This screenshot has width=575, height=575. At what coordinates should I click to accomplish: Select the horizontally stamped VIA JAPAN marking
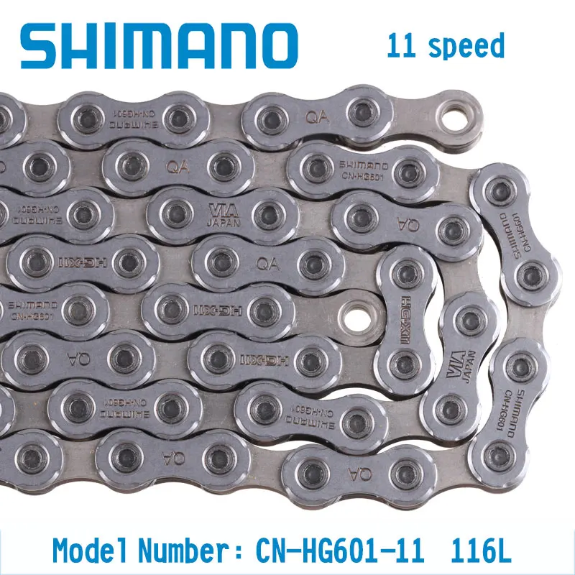(221, 214)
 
